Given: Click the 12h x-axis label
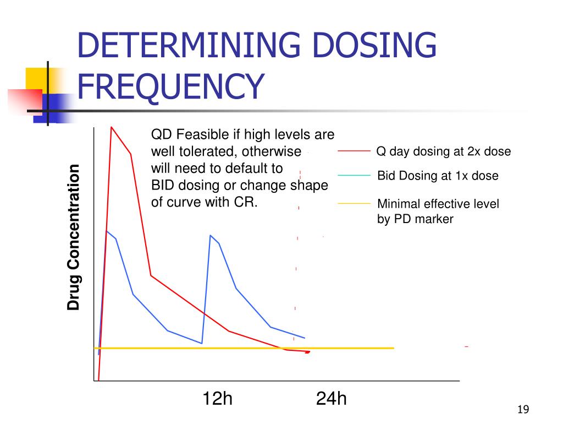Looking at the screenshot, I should click(217, 398).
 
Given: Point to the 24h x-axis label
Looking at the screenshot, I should click(332, 398).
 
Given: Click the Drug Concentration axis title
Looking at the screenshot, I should click(74, 237).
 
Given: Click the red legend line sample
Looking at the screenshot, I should click(354, 150).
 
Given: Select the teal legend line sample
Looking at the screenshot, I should click(354, 175).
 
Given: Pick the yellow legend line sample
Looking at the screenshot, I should click(354, 203).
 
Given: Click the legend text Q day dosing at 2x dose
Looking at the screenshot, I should click(443, 151).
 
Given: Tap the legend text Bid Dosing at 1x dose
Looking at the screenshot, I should click(438, 176).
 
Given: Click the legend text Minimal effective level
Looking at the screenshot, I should click(438, 204).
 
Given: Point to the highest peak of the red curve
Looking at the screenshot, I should click(112, 128).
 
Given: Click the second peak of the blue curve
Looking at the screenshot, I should click(211, 236).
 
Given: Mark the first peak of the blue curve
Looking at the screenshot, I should click(107, 231).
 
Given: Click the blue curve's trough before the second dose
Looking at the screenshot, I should click(202, 343).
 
